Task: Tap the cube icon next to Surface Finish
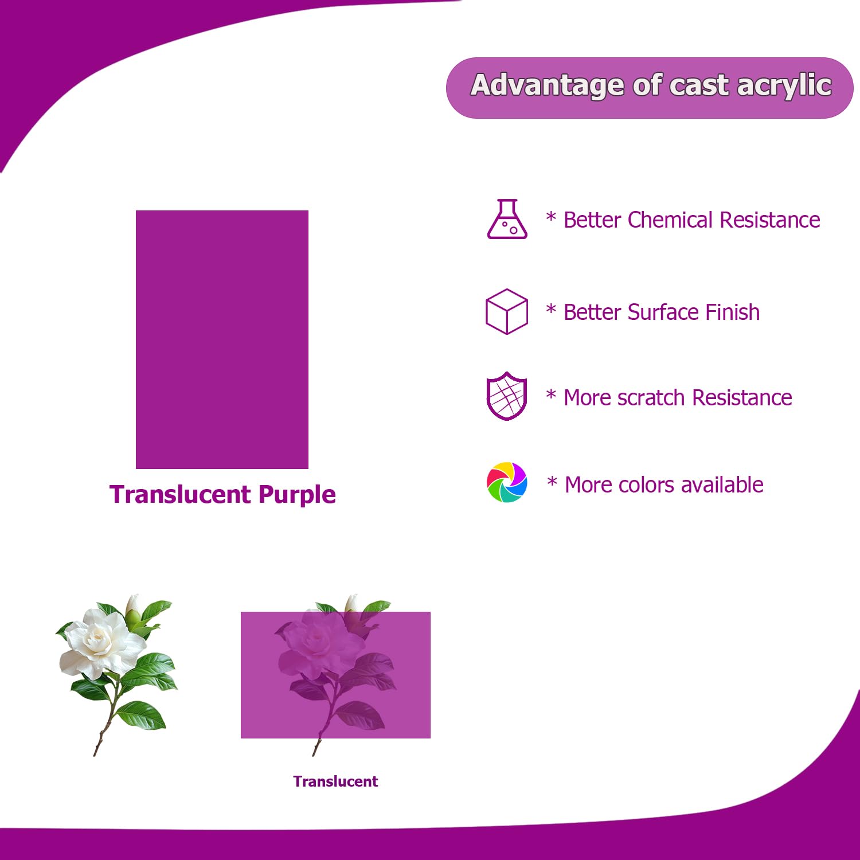pyautogui.click(x=506, y=311)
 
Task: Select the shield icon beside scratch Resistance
pyautogui.click(x=506, y=396)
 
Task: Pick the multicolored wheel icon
pyautogui.click(x=507, y=483)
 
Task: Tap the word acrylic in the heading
pyautogui.click(x=784, y=86)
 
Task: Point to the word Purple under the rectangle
pyautogui.click(x=297, y=495)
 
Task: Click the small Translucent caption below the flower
pyautogui.click(x=335, y=781)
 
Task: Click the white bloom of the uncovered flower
pyautogui.click(x=97, y=639)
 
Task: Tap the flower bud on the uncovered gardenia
pyautogui.click(x=134, y=608)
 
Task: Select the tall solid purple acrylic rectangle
pyautogui.click(x=222, y=339)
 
